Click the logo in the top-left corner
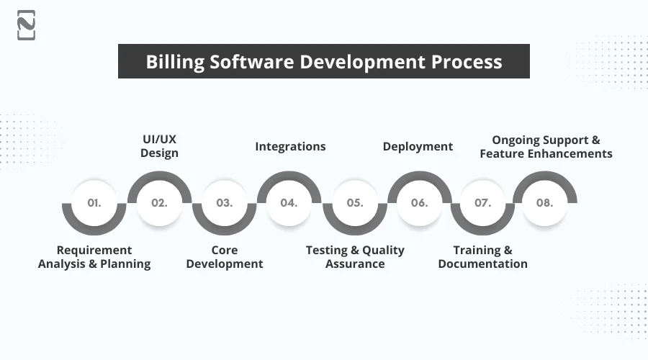[x=26, y=25]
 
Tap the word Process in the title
[x=467, y=61]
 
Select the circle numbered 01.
[x=94, y=203]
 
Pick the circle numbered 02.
[x=159, y=203]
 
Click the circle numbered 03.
[x=225, y=203]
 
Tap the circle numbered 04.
[x=289, y=203]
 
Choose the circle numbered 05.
[x=355, y=203]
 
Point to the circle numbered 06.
[x=419, y=203]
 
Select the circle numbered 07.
[x=482, y=203]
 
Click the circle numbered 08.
[x=544, y=203]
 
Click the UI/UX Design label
[x=159, y=146]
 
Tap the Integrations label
[x=290, y=146]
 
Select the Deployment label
[x=418, y=146]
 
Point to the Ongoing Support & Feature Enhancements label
[x=546, y=147]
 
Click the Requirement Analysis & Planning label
[x=94, y=257]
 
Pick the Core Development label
[x=225, y=257]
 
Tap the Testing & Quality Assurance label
[x=355, y=257]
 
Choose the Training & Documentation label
[x=482, y=257]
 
